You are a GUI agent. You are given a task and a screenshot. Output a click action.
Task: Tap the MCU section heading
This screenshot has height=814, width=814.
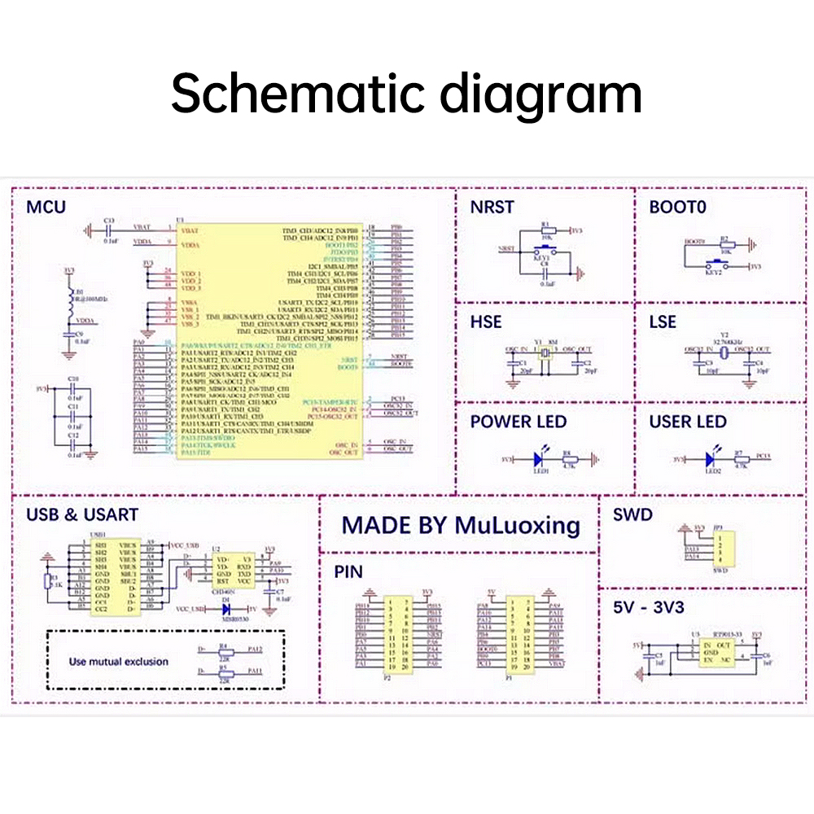pyautogui.click(x=46, y=206)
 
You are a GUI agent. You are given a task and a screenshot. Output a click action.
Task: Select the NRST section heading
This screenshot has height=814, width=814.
pyautogui.click(x=492, y=207)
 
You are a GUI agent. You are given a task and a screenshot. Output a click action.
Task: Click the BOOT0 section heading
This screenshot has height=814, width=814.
pyautogui.click(x=677, y=207)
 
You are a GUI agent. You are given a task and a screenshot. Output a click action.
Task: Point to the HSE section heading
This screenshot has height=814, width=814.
pyautogui.click(x=486, y=322)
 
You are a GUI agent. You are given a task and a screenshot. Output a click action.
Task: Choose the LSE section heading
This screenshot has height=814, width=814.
pyautogui.click(x=663, y=322)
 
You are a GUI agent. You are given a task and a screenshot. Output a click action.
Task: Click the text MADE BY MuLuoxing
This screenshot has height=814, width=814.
pyautogui.click(x=461, y=525)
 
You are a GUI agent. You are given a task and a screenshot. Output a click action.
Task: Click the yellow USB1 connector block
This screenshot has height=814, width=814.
pyautogui.click(x=115, y=576)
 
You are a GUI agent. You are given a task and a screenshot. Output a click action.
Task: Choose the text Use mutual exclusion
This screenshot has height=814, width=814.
pyautogui.click(x=119, y=662)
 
